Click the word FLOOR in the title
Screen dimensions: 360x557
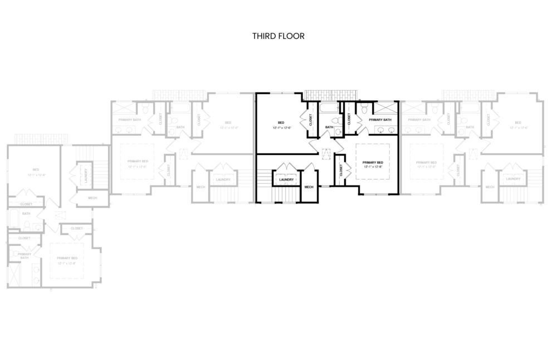coord(292,36)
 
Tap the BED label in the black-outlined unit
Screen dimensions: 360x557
coord(281,122)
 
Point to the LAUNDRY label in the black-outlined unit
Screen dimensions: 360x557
coord(287,179)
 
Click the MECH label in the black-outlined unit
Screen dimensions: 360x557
coord(309,187)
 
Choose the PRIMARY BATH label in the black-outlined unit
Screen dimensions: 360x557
coord(380,120)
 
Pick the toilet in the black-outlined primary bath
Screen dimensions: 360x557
coord(363,111)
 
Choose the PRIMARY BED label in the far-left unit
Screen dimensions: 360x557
coord(67,258)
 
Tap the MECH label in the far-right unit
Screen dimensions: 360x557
coord(490,187)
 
